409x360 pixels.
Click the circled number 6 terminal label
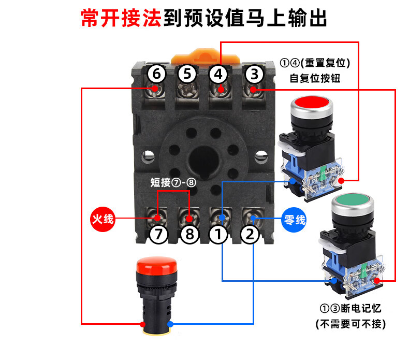tap(156, 74)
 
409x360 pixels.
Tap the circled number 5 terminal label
tap(187, 74)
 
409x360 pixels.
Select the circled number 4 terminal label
tap(218, 75)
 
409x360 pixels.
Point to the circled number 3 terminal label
tap(254, 74)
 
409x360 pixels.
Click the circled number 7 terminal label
tap(158, 234)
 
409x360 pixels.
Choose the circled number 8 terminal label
tap(189, 234)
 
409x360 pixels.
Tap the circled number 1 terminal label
tap(218, 234)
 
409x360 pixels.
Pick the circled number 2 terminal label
tap(250, 234)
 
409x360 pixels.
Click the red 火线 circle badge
tap(103, 219)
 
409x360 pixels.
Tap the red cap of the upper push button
tap(312, 102)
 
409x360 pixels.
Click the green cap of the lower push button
tap(353, 200)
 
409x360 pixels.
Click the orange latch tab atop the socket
tap(206, 55)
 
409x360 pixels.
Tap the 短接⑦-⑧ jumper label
tap(173, 182)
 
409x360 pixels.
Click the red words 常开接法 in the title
tap(121, 18)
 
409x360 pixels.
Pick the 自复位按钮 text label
tap(315, 78)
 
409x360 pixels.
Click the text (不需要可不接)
tap(350, 324)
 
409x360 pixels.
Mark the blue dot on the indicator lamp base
tap(170, 324)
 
